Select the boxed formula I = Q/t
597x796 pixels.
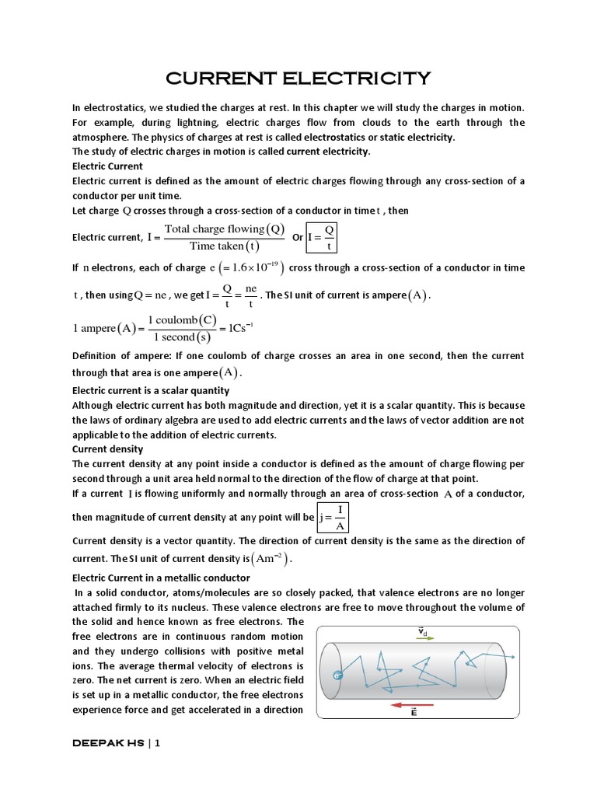(323, 237)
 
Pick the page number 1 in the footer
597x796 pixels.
(157, 742)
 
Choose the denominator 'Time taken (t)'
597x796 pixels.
(225, 246)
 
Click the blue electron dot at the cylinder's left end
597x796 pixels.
(337, 676)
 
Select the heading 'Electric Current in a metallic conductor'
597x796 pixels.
(161, 578)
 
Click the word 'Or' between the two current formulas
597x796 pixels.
(297, 238)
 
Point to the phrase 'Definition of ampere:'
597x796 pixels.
(122, 355)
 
